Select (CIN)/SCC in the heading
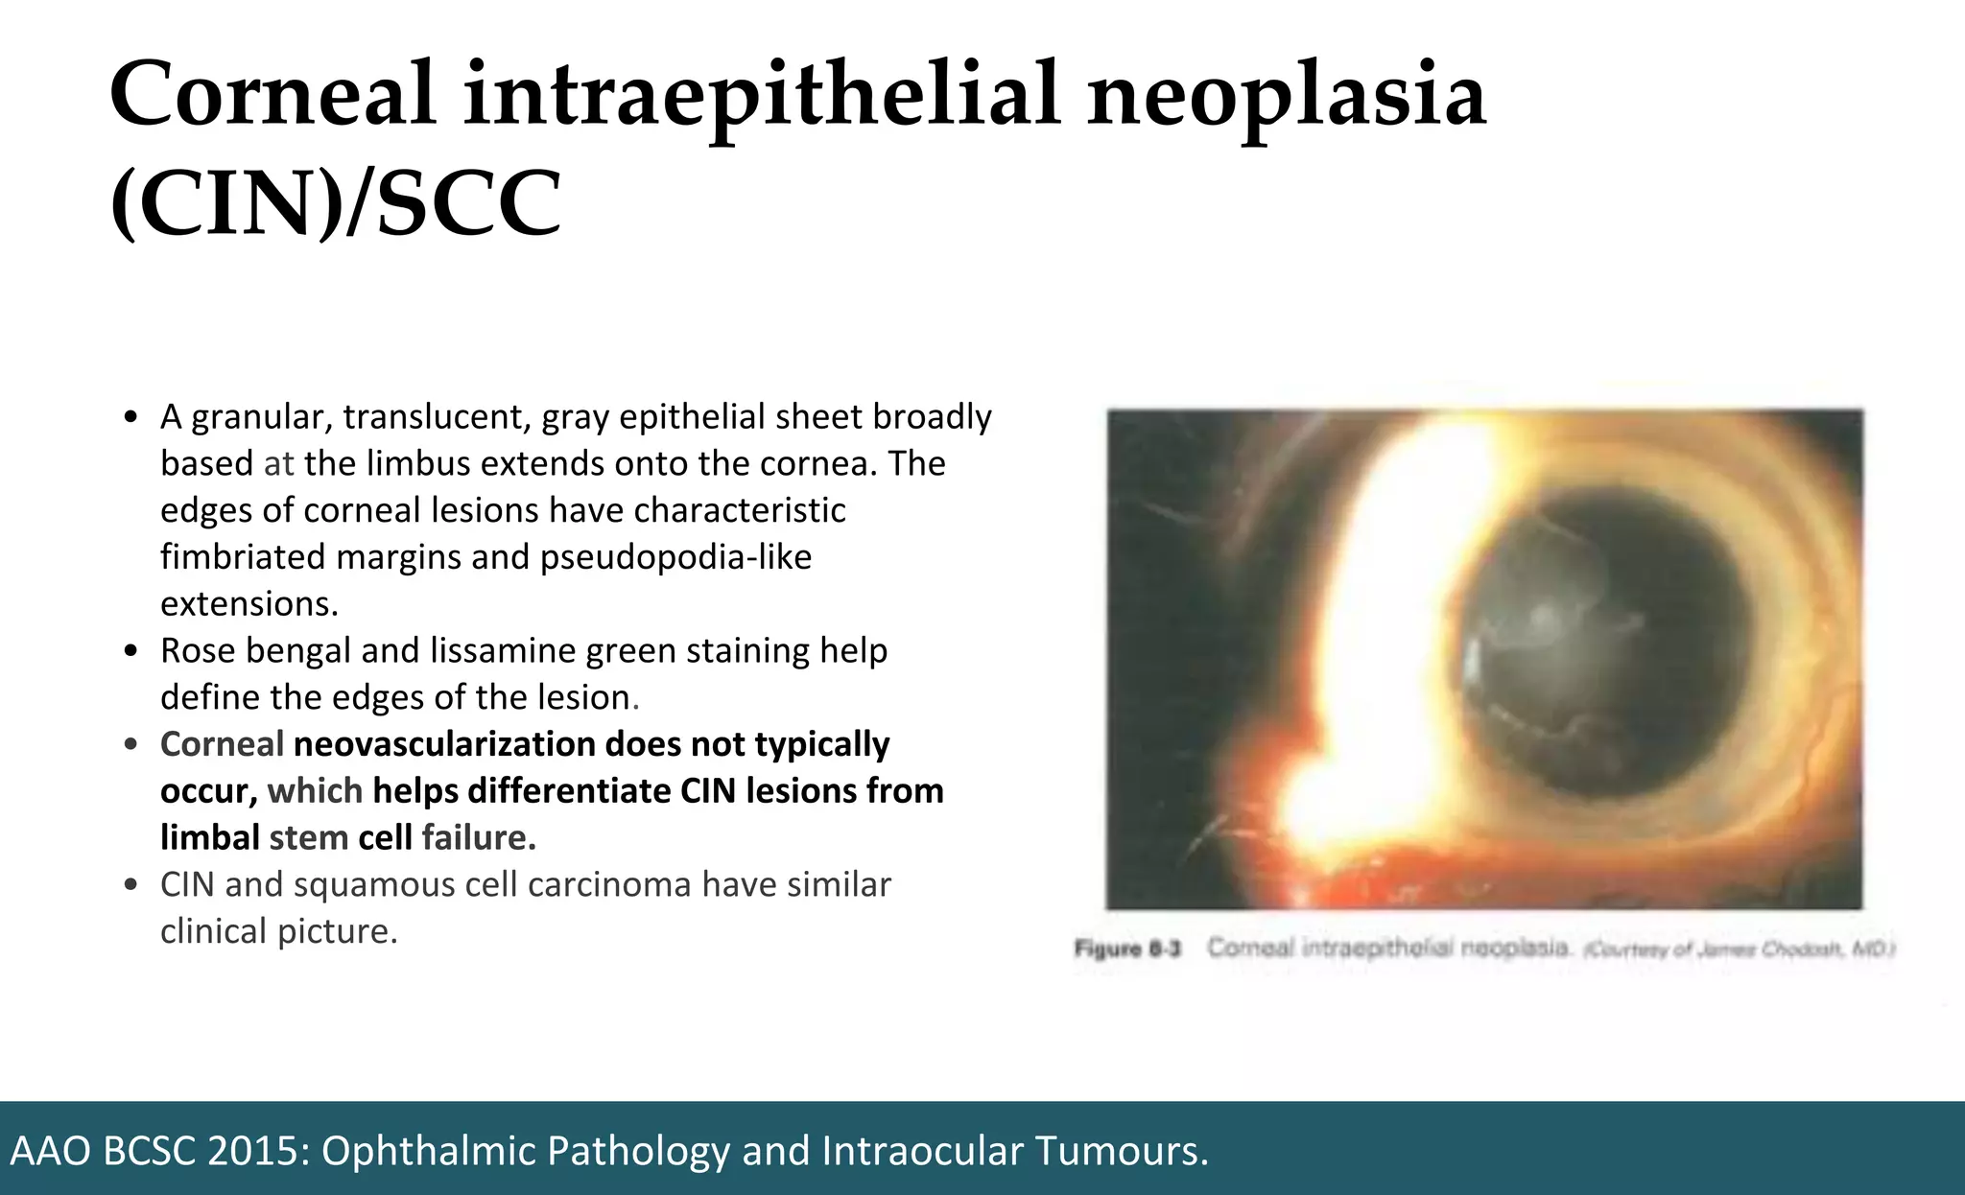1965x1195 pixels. point(336,203)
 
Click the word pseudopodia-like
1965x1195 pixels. point(675,557)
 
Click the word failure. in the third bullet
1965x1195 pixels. point(478,838)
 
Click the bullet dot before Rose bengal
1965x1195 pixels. point(132,652)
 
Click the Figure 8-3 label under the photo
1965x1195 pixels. point(1127,949)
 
